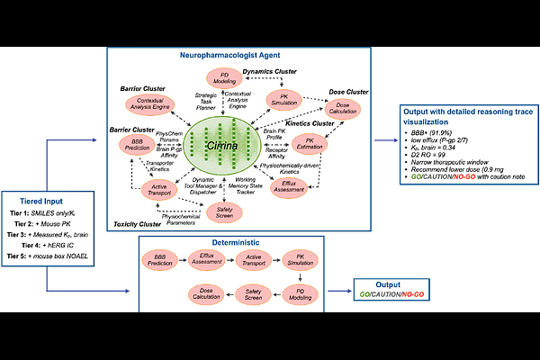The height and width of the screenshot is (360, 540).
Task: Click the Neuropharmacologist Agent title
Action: pos(242,57)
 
